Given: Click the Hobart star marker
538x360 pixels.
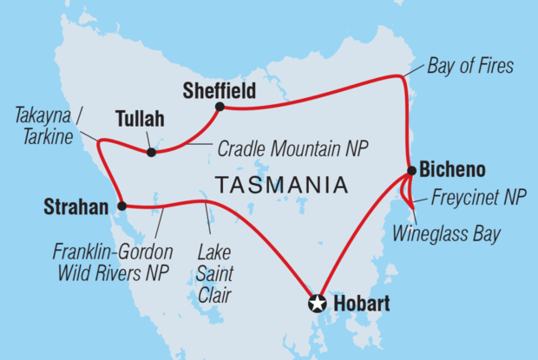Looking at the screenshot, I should (x=318, y=304).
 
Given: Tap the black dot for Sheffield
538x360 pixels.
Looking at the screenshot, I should (x=220, y=107).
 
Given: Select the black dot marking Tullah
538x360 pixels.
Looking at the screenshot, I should (x=152, y=153).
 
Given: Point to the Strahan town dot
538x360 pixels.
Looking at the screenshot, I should (x=121, y=206).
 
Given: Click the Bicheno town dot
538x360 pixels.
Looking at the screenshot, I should (x=409, y=172).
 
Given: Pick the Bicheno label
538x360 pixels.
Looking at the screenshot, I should (x=450, y=168).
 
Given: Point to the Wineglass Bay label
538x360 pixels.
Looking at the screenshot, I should (x=446, y=233).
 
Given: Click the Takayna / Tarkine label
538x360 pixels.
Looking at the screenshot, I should (x=50, y=126).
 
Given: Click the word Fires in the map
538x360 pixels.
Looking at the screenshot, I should (x=495, y=66).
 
